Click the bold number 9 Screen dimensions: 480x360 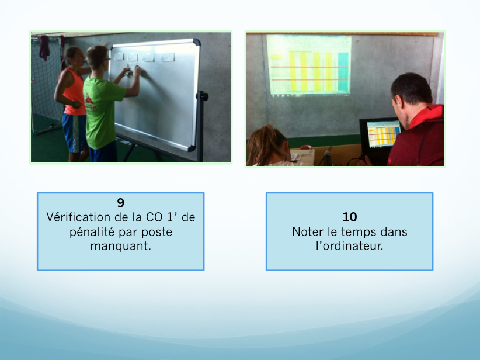[x=121, y=203]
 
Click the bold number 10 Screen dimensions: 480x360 [x=350, y=217]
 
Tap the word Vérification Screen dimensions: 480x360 [x=78, y=217]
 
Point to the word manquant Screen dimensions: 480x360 [x=121, y=246]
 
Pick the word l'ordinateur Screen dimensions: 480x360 [x=350, y=246]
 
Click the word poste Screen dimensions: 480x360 [x=156, y=233]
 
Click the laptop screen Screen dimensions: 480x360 [x=382, y=134]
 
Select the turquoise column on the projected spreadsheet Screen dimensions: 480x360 [x=343, y=72]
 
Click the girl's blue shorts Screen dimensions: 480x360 [x=74, y=132]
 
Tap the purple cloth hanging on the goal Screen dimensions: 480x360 [x=45, y=47]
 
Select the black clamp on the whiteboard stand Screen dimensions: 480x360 [x=202, y=96]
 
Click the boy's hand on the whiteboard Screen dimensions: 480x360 [x=137, y=71]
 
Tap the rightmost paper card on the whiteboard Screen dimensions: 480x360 [x=168, y=57]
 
